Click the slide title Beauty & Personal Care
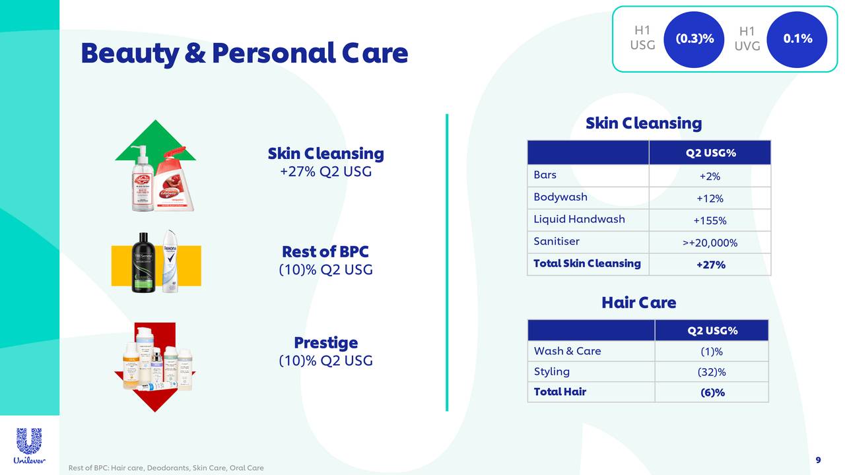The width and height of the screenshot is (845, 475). [244, 53]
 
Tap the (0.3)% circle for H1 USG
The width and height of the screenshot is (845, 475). [694, 39]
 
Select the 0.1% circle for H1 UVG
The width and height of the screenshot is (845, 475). [797, 39]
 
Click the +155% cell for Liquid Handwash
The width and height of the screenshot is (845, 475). [710, 221]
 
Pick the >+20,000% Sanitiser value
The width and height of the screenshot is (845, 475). [710, 243]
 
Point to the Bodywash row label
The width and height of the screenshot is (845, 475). [560, 197]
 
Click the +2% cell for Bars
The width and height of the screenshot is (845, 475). [710, 176]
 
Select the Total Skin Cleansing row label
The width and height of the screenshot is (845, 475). [587, 264]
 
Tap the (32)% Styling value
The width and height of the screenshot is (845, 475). [712, 372]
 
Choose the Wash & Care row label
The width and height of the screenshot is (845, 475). [568, 351]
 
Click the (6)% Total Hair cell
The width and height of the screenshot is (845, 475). [712, 393]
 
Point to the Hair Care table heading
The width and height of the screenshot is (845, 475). [638, 303]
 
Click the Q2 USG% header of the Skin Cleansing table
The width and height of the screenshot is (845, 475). [710, 153]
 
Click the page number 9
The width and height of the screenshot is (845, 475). [819, 460]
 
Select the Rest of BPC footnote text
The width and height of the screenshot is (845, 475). [166, 468]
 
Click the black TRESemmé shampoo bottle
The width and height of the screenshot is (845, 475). [145, 263]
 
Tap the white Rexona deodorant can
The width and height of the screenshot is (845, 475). [171, 261]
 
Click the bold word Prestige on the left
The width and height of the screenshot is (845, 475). [325, 343]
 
